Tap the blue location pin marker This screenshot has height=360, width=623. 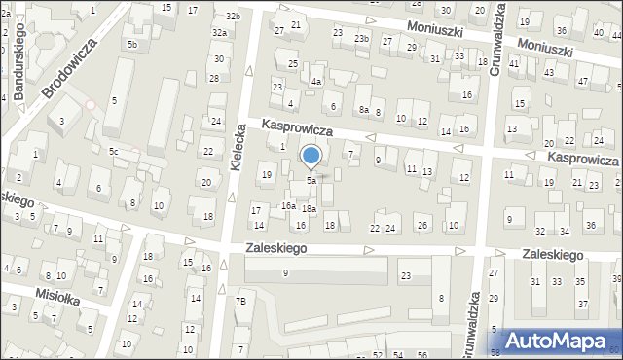pyautogui.click(x=311, y=156)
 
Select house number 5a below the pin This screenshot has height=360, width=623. pyautogui.click(x=311, y=181)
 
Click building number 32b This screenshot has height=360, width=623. pyautogui.click(x=233, y=17)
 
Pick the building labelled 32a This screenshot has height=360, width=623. pyautogui.click(x=220, y=32)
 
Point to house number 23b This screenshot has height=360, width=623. pyautogui.click(x=362, y=38)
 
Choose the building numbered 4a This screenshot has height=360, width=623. pyautogui.click(x=316, y=82)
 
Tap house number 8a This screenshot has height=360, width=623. pyautogui.click(x=363, y=110)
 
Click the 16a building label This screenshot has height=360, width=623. pyautogui.click(x=288, y=205)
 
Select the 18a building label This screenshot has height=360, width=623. pyautogui.click(x=309, y=209)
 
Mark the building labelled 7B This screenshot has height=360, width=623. pyautogui.click(x=241, y=302)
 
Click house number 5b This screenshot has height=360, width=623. pyautogui.click(x=131, y=45)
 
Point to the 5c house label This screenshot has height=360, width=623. pyautogui.click(x=114, y=151)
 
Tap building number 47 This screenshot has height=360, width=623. pyautogui.click(x=583, y=82)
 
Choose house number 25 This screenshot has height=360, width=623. pyautogui.click(x=293, y=64)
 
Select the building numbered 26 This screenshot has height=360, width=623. pyautogui.click(x=421, y=226)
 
